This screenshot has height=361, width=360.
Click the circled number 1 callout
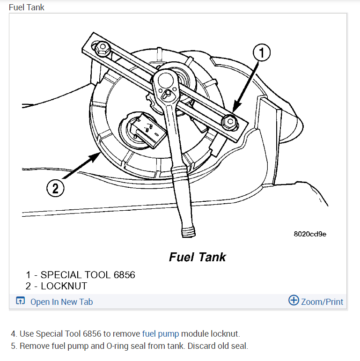point(262,53)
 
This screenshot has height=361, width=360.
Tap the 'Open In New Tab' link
point(61,302)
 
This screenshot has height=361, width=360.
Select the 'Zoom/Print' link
point(322,302)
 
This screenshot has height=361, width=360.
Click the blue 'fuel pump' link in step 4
point(161,334)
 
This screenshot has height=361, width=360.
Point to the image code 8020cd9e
point(310,234)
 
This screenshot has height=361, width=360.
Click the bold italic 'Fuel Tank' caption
point(197,257)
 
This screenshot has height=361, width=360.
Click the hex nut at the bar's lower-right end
point(229,121)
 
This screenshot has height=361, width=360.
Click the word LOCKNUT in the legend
point(64,286)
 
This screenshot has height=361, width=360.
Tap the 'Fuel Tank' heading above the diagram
point(27,7)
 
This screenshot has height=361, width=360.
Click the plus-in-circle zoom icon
point(294,301)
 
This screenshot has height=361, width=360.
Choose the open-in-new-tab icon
point(20,301)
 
